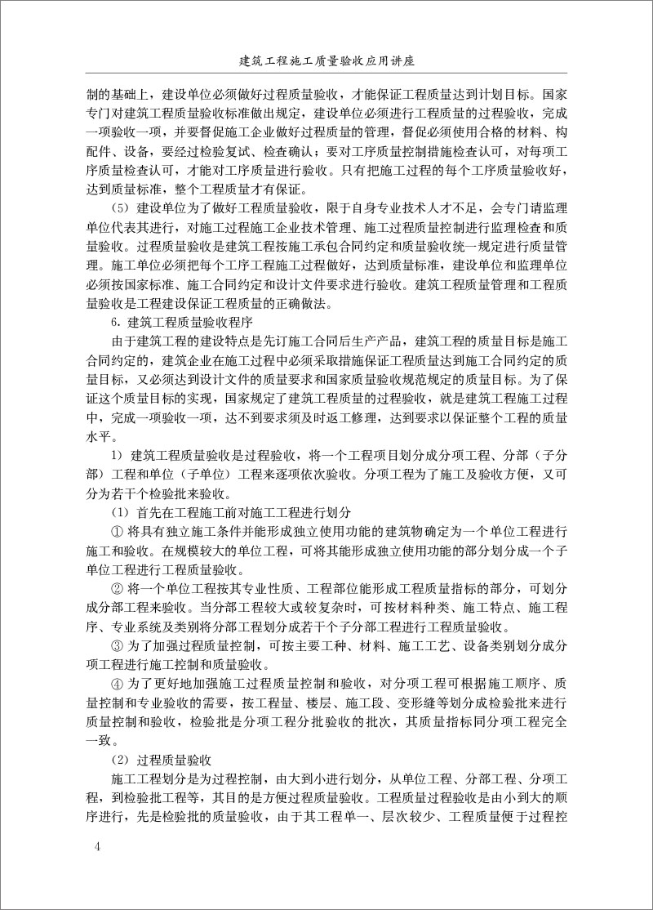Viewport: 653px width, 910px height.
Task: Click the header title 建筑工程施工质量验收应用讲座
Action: pos(326,60)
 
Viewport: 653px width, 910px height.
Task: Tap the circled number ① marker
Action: pos(116,533)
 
